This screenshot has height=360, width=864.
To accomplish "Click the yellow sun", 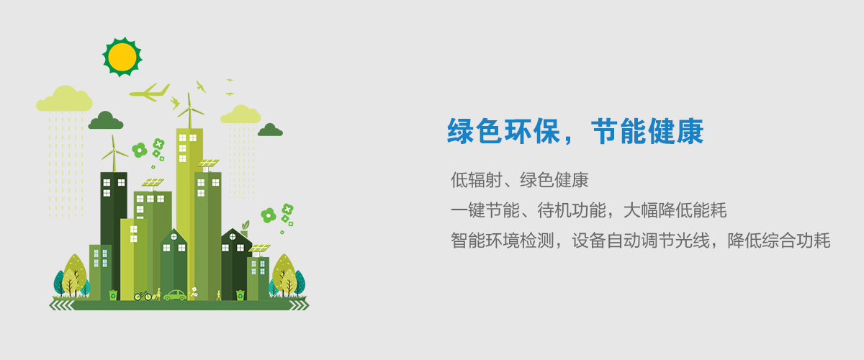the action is pyautogui.click(x=122, y=57).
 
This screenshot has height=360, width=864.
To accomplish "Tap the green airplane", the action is pyautogui.click(x=150, y=93).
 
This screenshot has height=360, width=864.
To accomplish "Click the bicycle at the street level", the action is pyautogui.click(x=143, y=296).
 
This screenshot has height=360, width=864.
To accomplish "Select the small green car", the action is pyautogui.click(x=176, y=295).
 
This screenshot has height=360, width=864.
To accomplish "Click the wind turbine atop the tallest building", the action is pyautogui.click(x=190, y=111).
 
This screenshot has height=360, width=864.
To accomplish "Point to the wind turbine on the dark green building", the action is pyautogui.click(x=114, y=153).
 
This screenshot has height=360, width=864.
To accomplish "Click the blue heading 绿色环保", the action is pyautogui.click(x=503, y=132).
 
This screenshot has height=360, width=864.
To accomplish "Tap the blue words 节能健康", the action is pyautogui.click(x=647, y=132).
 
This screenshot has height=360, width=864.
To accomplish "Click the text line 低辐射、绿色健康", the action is pyautogui.click(x=520, y=180).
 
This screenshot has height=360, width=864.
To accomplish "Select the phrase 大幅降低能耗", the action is pyautogui.click(x=675, y=211).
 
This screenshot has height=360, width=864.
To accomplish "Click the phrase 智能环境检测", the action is pyautogui.click(x=503, y=240).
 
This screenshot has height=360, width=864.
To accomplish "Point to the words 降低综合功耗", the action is pyautogui.click(x=779, y=240).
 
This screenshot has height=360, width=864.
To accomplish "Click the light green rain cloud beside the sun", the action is pyautogui.click(x=64, y=99).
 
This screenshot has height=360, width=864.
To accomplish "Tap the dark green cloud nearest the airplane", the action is pyautogui.click(x=106, y=121).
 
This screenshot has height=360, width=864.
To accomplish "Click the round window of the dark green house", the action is pyautogui.click(x=233, y=237).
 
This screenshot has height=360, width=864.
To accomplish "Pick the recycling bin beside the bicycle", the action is pyautogui.click(x=113, y=295).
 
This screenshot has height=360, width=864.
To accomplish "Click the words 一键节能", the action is pyautogui.click(x=485, y=211).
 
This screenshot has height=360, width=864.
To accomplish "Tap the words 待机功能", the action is pyautogui.click(x=572, y=211).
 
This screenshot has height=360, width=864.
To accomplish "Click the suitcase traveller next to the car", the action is pyautogui.click(x=157, y=294).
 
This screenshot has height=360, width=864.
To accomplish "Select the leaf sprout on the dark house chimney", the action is pyautogui.click(x=245, y=225).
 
